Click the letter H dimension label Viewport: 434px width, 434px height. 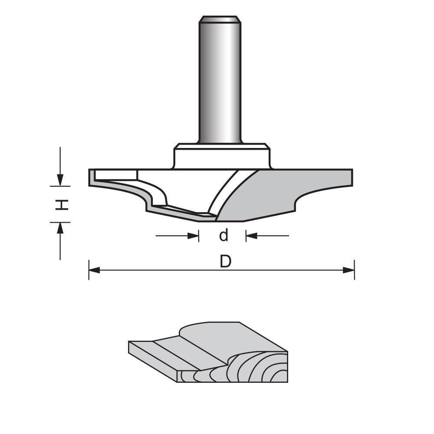click(63, 204)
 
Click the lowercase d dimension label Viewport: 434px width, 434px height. click(223, 236)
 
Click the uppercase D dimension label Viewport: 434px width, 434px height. click(225, 262)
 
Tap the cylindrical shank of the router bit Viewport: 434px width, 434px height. click(220, 82)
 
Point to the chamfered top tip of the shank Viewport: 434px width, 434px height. click(220, 19)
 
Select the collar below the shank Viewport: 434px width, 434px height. click(222, 156)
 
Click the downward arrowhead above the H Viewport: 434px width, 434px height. click(60, 179)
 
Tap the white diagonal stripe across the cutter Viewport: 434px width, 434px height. click(225, 191)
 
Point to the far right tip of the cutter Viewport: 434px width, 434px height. click(351, 177)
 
